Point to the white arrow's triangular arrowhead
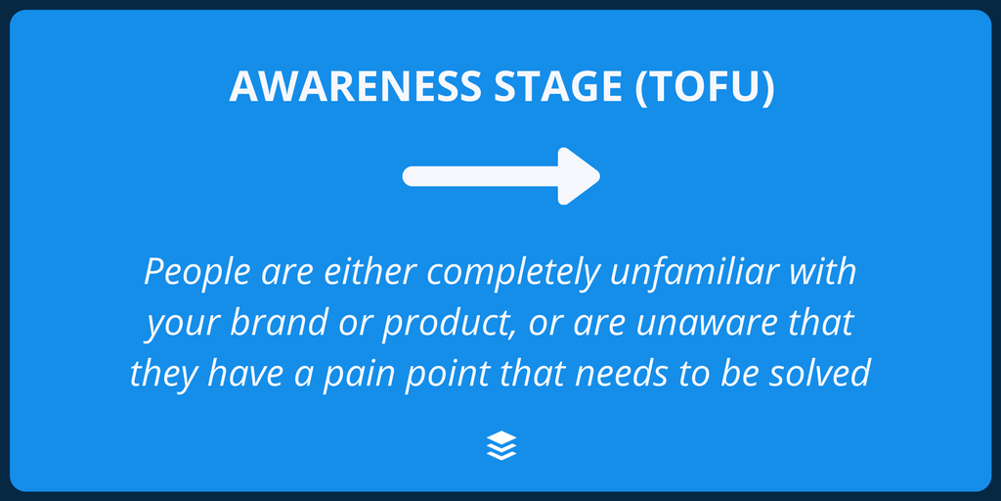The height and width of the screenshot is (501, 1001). [x=578, y=176]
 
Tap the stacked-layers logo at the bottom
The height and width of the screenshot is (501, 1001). [x=500, y=446]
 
